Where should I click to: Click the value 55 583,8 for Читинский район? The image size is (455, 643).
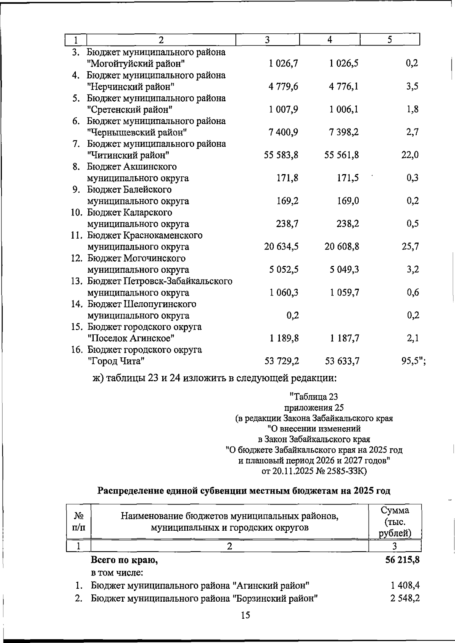point(281,155)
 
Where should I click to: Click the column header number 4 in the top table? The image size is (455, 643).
point(329,40)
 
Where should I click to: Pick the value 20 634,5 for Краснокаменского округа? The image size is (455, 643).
point(281,247)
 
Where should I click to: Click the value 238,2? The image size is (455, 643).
point(348,224)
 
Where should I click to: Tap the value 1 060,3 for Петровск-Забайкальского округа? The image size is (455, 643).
point(284,292)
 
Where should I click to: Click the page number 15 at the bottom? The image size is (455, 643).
point(245,615)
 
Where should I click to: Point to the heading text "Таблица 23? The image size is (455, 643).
point(314,397)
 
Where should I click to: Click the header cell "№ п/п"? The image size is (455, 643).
point(78,522)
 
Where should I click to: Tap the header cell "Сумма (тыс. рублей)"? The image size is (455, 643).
point(395,521)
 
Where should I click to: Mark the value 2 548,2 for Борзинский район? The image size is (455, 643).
point(405,598)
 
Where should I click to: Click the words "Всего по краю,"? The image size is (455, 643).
point(124,560)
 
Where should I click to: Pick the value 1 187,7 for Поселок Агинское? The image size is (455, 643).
point(344,338)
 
